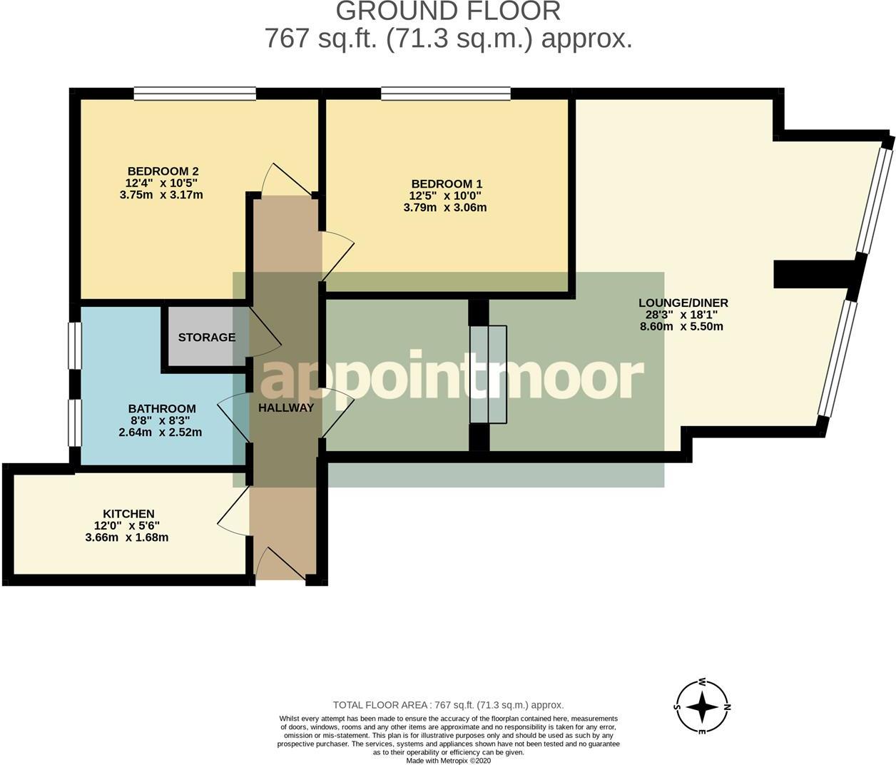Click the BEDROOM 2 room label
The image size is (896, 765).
163,171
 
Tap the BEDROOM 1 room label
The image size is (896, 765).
447,184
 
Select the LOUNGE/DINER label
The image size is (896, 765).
683,303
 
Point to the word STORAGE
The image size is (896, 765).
207,337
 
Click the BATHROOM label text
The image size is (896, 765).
162,408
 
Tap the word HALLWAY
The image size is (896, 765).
286,407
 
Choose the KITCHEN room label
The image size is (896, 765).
128,514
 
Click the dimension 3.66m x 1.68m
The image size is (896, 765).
127,538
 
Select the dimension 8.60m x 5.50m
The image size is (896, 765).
681,326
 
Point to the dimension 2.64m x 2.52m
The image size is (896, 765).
161,432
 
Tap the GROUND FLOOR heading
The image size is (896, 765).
448,11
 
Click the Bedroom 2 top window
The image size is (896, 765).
195,93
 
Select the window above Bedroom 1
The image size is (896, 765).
446,93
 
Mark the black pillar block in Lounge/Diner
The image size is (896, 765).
814,273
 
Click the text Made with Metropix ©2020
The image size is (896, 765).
448,761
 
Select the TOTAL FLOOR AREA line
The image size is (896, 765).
448,705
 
